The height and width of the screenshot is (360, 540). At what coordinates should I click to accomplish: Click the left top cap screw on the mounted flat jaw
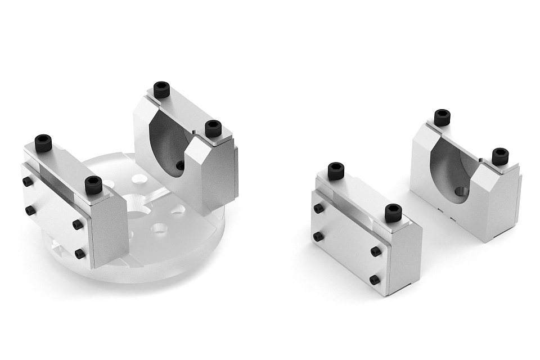(x=43, y=142)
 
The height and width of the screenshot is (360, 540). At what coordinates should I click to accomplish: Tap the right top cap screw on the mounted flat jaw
(x=93, y=184)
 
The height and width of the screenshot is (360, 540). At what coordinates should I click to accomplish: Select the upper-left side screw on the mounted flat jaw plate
(x=27, y=182)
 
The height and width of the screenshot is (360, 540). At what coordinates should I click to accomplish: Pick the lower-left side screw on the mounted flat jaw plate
(x=30, y=210)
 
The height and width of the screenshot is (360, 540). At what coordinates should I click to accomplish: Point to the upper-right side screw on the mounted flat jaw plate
(x=78, y=224)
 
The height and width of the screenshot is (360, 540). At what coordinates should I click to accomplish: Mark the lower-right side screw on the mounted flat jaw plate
(x=80, y=253)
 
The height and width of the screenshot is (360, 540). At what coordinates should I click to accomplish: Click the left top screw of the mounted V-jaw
(x=161, y=89)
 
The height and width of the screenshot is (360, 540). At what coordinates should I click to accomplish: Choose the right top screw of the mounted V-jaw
(x=213, y=128)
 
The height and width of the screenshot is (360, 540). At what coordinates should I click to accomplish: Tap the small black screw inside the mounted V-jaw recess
(x=180, y=165)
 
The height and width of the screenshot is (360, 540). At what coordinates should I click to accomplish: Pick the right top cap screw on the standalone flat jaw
(x=393, y=212)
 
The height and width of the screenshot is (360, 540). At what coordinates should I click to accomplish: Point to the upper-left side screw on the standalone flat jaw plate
(x=318, y=208)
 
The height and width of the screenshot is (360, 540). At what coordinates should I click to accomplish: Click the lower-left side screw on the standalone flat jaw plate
(x=318, y=236)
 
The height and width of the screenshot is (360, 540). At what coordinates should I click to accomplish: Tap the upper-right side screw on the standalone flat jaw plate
(x=375, y=251)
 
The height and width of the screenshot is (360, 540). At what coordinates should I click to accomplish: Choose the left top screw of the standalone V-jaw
(x=442, y=117)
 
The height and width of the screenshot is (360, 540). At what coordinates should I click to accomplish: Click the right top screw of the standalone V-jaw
(x=499, y=156)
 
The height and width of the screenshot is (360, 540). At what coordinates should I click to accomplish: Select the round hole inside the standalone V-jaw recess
(x=461, y=192)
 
